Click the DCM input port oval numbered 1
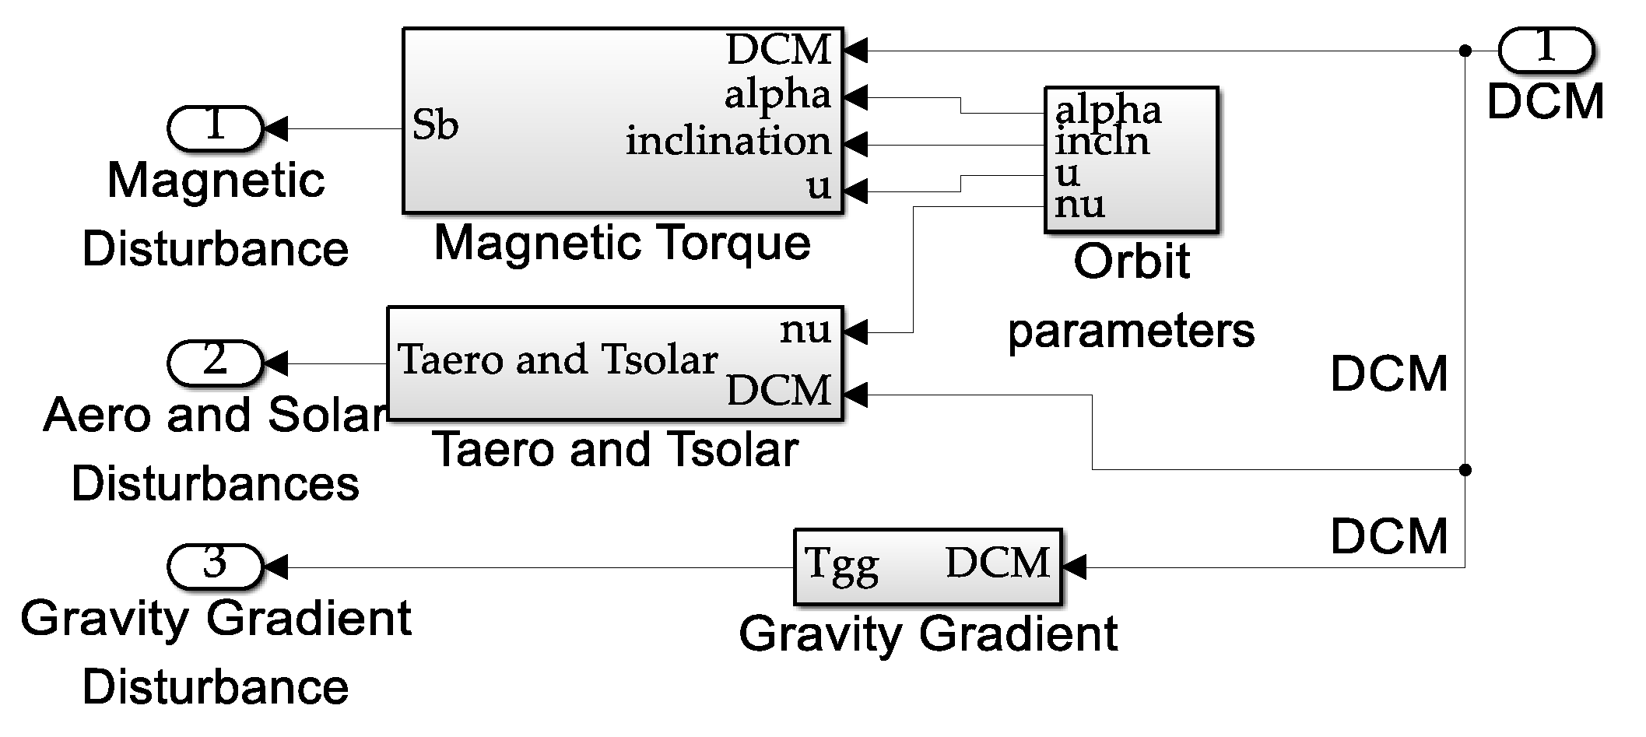pos(1546,50)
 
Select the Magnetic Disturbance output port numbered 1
pos(215,128)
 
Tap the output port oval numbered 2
pos(215,363)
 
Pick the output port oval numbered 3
pos(215,566)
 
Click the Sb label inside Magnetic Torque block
pos(435,125)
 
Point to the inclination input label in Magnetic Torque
pos(728,142)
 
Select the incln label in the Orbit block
pos(1102,142)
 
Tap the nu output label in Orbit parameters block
pos(1079,205)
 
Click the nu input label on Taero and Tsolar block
pos(805,331)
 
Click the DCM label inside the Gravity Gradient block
pos(998,563)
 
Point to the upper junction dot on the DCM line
pos(1465,51)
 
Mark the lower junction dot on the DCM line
pos(1465,470)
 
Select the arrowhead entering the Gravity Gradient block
pos(1073,567)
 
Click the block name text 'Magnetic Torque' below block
pos(622,243)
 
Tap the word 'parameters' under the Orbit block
pos(1131,331)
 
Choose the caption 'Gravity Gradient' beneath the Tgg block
pos(928,633)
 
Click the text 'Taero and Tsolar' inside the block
pos(557,360)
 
